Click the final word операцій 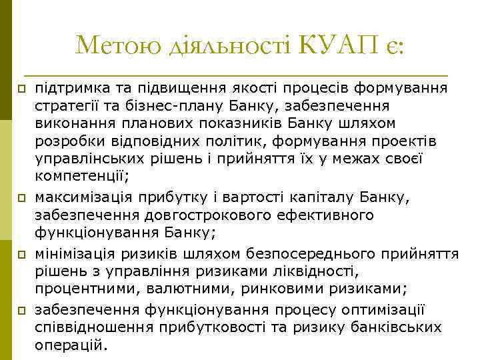71,345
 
